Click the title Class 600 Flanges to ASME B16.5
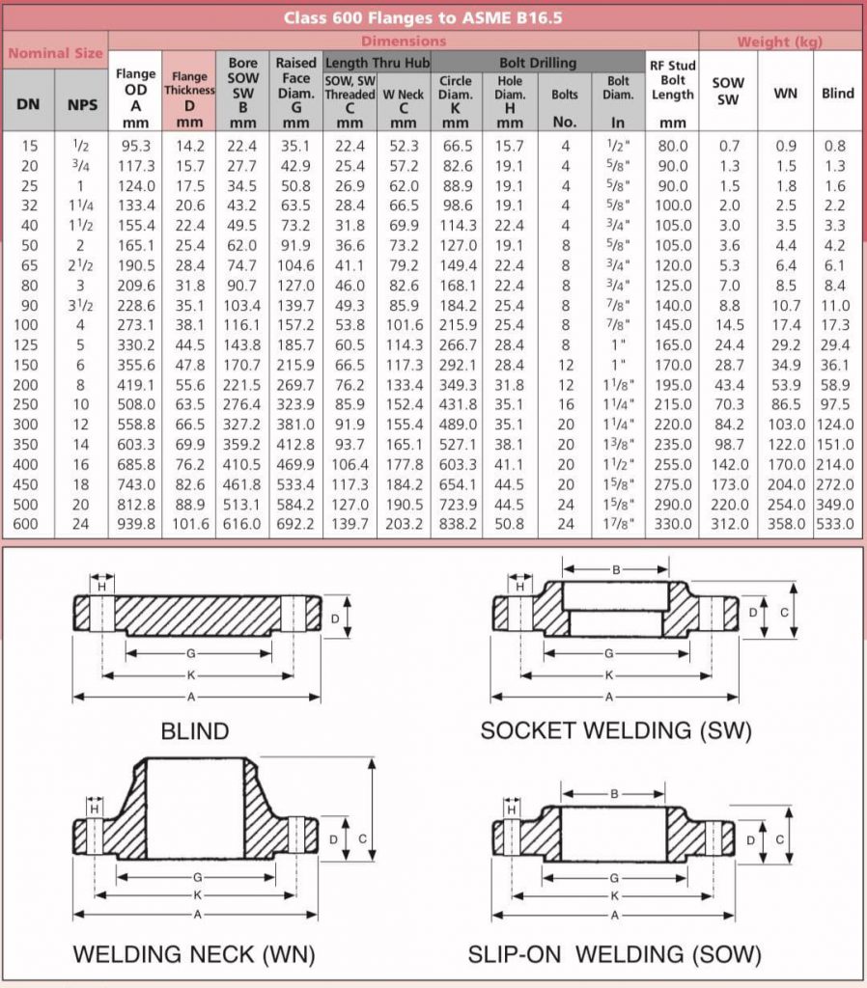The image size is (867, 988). [x=433, y=17]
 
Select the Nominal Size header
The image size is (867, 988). [x=55, y=54]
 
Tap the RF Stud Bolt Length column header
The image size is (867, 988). [x=672, y=93]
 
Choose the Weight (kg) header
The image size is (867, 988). [x=779, y=41]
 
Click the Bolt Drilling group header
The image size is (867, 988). [x=537, y=63]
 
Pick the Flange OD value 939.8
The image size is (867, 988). [x=136, y=524]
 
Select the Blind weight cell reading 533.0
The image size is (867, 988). [x=836, y=524]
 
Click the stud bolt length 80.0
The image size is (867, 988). [x=672, y=146]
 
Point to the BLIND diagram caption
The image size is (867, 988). [x=195, y=730]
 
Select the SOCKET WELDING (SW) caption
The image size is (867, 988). [x=615, y=730]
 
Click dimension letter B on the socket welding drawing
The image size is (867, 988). [x=616, y=569]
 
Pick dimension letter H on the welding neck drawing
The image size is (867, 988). [x=95, y=809]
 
